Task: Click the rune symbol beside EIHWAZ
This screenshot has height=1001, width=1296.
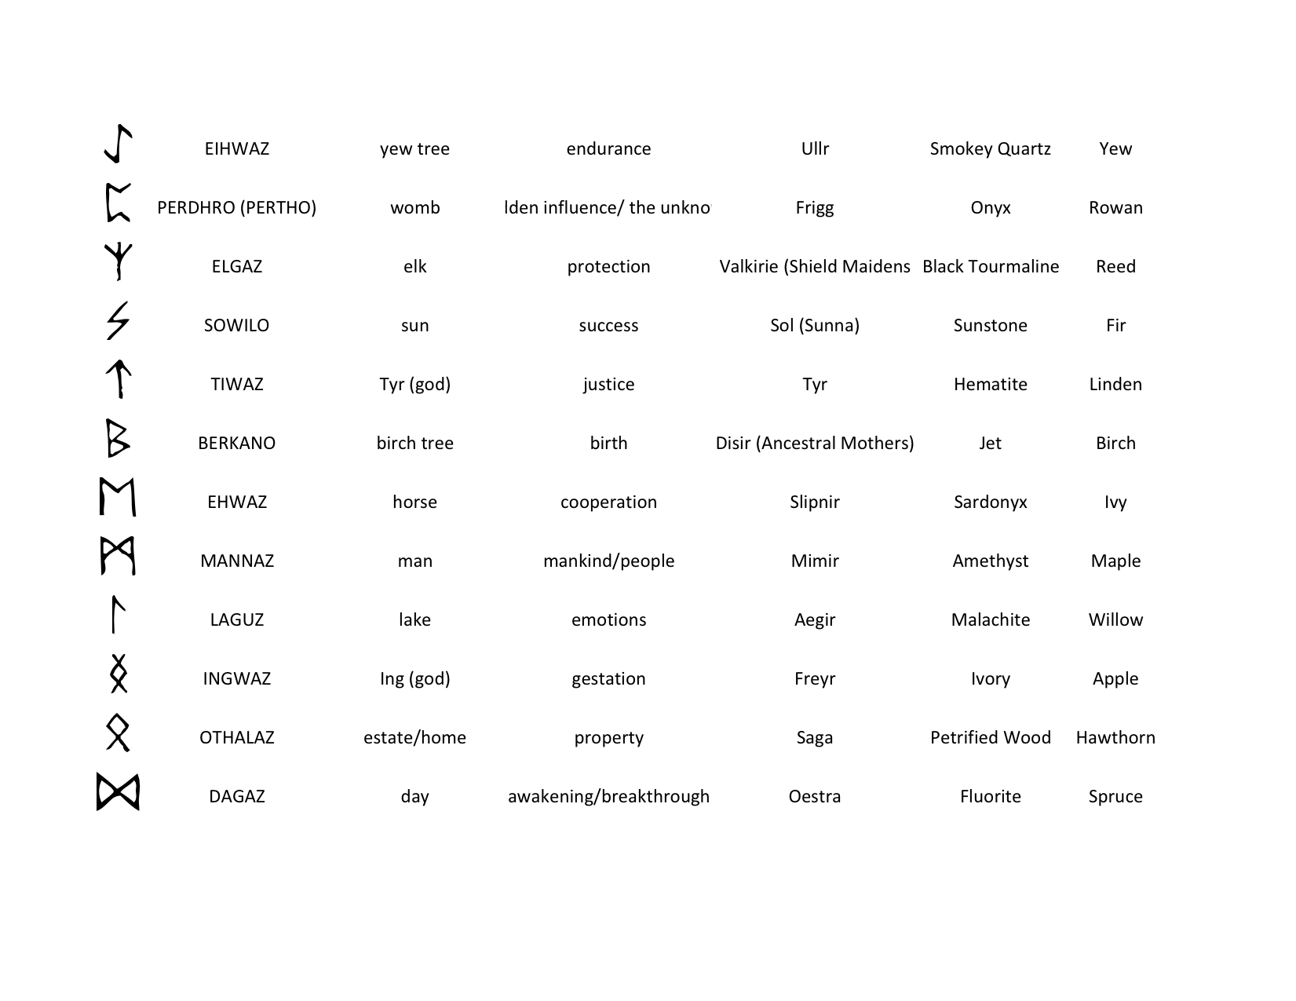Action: tap(118, 144)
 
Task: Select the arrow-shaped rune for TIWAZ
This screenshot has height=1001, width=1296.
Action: tap(118, 379)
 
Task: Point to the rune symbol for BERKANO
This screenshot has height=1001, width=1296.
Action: tap(117, 438)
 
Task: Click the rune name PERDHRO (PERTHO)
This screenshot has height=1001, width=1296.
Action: tap(236, 207)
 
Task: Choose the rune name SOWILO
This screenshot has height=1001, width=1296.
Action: tap(236, 325)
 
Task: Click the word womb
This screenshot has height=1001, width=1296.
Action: tap(414, 207)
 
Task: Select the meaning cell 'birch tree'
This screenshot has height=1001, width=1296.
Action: tap(414, 443)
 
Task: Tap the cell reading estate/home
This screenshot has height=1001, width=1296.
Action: tap(414, 737)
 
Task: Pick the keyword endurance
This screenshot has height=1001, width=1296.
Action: tap(608, 148)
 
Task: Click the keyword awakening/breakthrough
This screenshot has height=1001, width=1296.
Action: tap(608, 796)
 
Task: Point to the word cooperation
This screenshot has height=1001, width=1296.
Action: tap(608, 502)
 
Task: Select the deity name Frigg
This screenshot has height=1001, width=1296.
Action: tap(814, 207)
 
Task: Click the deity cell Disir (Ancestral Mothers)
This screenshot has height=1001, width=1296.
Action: tap(814, 443)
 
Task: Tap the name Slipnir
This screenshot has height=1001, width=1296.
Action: tap(814, 502)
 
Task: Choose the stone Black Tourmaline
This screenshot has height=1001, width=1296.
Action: tap(990, 266)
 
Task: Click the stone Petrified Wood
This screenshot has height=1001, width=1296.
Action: tap(990, 737)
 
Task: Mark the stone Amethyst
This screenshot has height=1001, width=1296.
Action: tap(990, 561)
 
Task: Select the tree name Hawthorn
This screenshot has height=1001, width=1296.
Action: tap(1115, 737)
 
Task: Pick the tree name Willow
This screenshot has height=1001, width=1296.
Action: tap(1115, 619)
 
